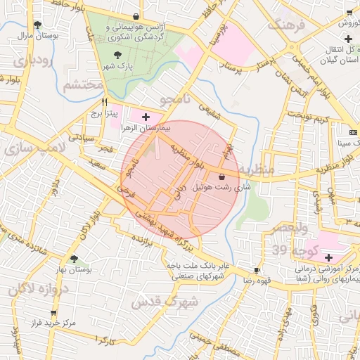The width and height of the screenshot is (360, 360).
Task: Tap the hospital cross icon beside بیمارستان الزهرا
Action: pos(146,117)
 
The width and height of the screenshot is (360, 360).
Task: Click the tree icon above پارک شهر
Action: pos(117,55)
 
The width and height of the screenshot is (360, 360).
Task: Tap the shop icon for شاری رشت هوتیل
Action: pos(223,176)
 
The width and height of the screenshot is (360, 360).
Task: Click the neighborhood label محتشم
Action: pos(83,86)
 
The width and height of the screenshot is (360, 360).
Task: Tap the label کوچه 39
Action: pos(292,251)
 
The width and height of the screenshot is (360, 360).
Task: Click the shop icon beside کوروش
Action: pos(349,12)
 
